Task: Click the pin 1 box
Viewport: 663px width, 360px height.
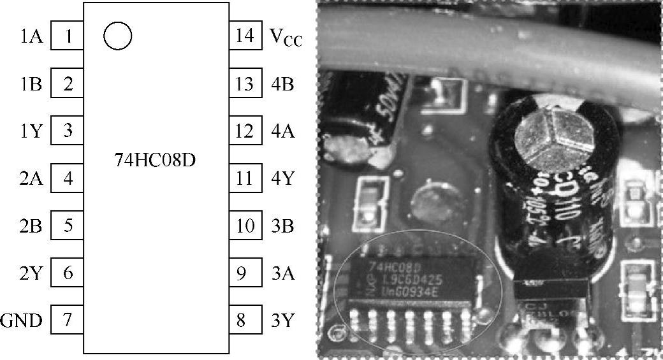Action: pos(67,37)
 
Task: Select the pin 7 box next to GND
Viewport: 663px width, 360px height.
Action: pos(67,320)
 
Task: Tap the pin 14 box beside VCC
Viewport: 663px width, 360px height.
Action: pos(245,36)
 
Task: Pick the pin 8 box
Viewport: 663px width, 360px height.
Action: pos(245,320)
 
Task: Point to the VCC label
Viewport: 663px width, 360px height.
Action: pos(285,38)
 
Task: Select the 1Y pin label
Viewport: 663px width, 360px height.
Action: pos(31,131)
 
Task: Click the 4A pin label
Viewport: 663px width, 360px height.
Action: pos(282,131)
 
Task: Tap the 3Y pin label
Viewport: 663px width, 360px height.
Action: pos(282,320)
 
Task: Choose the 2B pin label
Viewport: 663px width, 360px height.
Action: pos(31,226)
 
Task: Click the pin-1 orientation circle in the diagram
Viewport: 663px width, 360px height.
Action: pos(117,36)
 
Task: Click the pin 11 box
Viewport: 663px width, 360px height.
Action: pos(245,178)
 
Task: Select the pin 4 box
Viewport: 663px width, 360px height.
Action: pos(67,178)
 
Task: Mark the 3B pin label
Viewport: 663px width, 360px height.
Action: pos(282,226)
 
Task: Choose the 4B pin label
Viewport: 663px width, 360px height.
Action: pos(282,84)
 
